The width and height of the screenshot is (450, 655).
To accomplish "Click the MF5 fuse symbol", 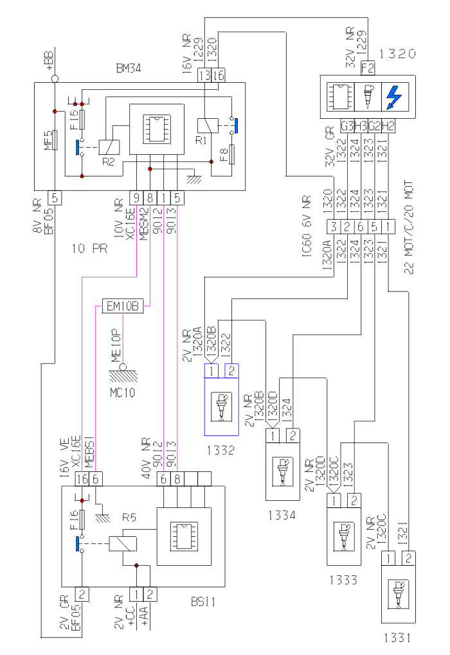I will click(x=55, y=139).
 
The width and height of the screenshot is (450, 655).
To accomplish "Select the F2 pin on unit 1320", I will click(x=368, y=66).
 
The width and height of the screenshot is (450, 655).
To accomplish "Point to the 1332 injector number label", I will click(x=221, y=450).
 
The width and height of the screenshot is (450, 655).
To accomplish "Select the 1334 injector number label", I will click(x=282, y=514).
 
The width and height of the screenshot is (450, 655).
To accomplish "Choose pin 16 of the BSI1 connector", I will click(x=82, y=478).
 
